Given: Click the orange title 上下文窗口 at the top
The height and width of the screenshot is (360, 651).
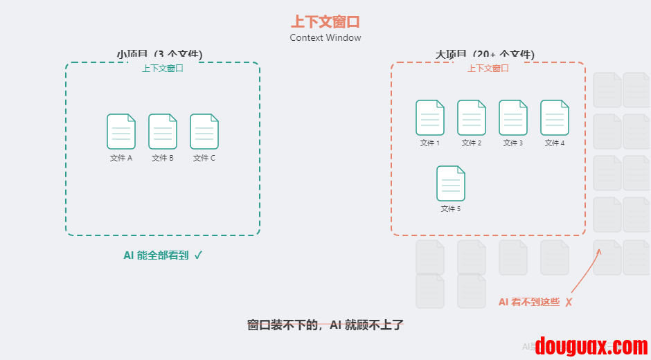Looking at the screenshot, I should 325,21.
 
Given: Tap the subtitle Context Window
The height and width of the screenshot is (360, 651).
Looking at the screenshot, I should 325,38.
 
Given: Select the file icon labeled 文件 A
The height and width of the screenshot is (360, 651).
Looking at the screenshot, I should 121,132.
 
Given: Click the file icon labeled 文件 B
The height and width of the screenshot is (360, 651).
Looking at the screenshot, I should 163,132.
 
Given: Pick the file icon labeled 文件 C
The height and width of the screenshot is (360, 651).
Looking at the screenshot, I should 204,132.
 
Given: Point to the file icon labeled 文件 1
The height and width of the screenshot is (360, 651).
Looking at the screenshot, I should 430,118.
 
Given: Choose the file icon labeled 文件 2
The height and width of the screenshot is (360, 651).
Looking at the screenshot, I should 472,118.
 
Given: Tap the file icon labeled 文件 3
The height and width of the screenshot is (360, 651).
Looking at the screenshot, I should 513,118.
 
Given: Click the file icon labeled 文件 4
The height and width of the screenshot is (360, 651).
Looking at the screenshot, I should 555,118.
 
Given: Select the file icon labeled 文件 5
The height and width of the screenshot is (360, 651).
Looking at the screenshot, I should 451,183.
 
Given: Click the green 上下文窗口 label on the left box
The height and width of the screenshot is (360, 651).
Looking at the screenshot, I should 163,69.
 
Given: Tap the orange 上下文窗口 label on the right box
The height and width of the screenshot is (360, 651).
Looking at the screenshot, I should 488,69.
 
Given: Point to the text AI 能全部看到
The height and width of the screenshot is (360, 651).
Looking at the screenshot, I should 156,255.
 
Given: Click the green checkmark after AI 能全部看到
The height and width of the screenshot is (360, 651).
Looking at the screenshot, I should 198,255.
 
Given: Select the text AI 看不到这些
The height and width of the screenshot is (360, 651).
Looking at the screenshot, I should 528,302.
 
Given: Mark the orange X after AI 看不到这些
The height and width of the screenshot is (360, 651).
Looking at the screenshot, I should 569,303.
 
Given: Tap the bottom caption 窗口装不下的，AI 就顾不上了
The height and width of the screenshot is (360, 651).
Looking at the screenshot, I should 325,325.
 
